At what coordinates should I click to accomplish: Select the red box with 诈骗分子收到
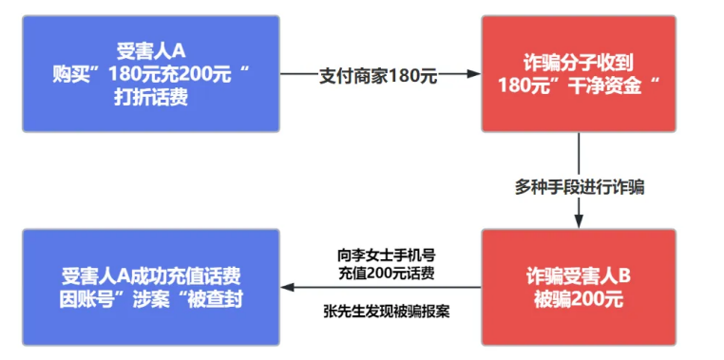[579, 73]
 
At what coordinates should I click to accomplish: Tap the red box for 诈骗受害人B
[579, 286]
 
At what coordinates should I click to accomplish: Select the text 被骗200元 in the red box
[579, 298]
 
